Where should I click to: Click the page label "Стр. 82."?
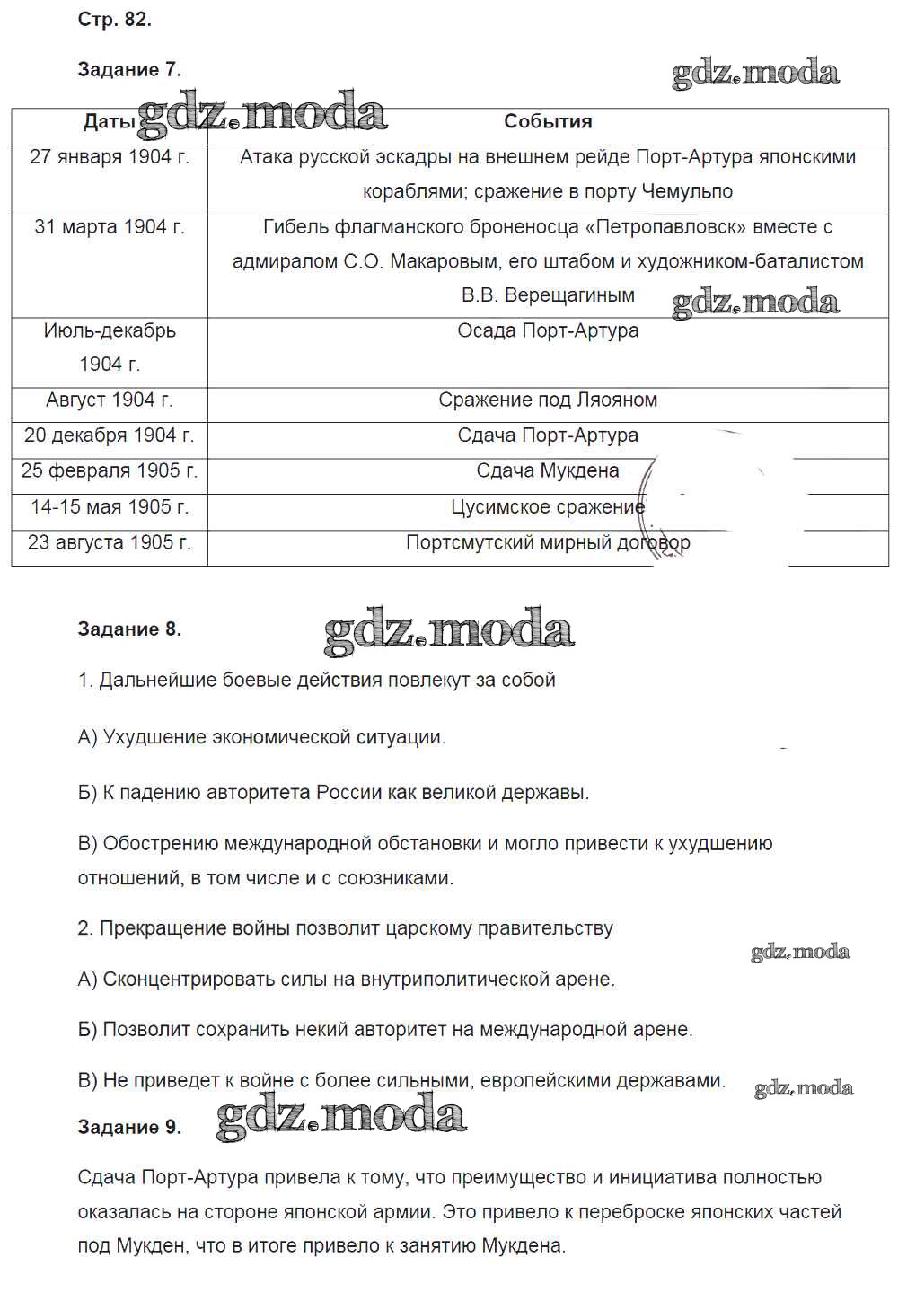coord(114,20)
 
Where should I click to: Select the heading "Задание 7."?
coord(129,70)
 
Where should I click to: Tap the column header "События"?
coord(548,121)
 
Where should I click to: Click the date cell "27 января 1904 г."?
coord(110,157)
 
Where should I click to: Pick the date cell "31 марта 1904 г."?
coord(110,227)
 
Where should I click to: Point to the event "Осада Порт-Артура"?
coord(548,330)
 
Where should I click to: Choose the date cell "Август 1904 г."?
coord(110,400)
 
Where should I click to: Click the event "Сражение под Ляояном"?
coord(548,400)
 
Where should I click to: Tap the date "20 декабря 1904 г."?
coord(110,435)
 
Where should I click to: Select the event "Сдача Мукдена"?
coord(548,470)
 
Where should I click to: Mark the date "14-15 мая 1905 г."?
coord(110,507)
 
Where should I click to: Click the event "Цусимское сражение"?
coord(548,507)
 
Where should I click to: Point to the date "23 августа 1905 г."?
coord(110,542)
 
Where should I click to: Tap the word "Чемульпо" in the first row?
coord(687,191)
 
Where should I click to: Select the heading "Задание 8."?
coord(129,629)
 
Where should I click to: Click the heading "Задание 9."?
coord(129,1128)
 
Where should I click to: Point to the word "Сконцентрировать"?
coord(191,980)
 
